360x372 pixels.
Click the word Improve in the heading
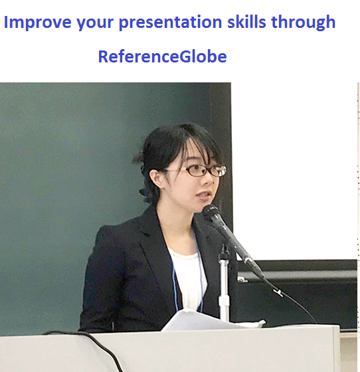pyautogui.click(x=38, y=23)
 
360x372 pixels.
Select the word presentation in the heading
pyautogui.click(x=170, y=23)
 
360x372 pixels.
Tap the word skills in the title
pyautogui.click(x=246, y=21)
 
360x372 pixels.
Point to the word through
pyautogui.click(x=304, y=23)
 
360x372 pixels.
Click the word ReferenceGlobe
pyautogui.click(x=163, y=56)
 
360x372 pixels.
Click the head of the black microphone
pyautogui.click(x=211, y=213)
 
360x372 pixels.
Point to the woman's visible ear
pyautogui.click(x=155, y=179)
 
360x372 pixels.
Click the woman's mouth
pyautogui.click(x=204, y=195)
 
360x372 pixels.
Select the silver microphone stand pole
pyautogui.click(x=224, y=285)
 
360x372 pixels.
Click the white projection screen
pyautogui.click(x=294, y=171)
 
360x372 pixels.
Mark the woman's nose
pyautogui.click(x=210, y=181)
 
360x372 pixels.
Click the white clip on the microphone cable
pyautogui.click(x=278, y=292)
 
